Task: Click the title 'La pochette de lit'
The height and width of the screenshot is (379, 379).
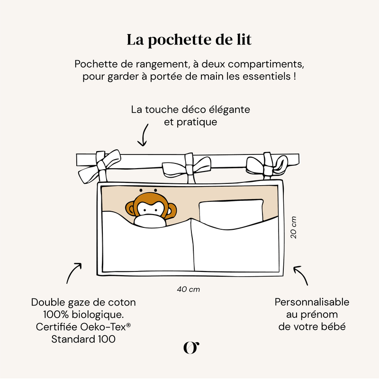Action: [189, 40]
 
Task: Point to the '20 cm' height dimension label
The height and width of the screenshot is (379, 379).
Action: [294, 227]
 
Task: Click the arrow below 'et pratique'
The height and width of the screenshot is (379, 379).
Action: [142, 137]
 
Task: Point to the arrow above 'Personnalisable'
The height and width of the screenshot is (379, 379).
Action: [301, 275]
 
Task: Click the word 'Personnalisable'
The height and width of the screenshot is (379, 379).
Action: [312, 302]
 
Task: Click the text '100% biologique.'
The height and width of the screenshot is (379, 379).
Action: [83, 315]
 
